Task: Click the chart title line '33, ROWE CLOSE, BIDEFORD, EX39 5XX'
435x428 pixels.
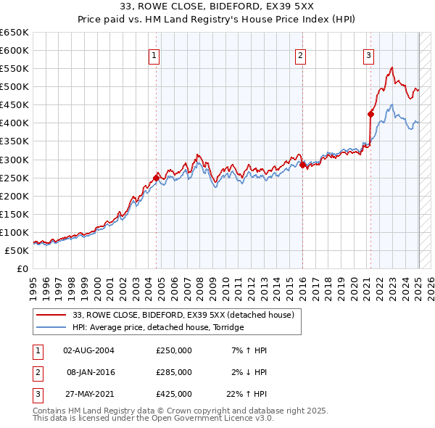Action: (217, 8)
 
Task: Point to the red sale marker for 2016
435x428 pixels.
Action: (302, 165)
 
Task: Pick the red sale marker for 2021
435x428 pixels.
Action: (370, 114)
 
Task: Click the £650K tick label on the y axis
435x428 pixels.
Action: (14, 33)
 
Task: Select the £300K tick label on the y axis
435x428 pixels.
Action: (14, 160)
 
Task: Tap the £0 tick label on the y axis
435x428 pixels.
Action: (22, 268)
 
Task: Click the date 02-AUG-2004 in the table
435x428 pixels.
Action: (88, 350)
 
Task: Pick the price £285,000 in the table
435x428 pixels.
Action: (174, 372)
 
